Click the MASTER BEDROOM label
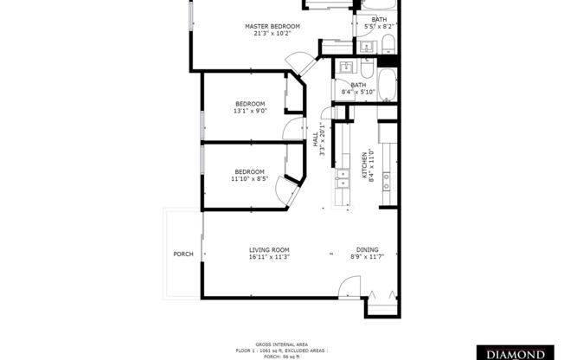click(272, 27)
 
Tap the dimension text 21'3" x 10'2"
click(272, 35)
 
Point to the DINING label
click(367, 249)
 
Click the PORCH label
click(183, 254)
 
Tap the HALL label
click(315, 139)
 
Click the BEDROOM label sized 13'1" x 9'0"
click(249, 104)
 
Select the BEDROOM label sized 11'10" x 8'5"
click(249, 171)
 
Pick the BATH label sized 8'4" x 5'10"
click(357, 85)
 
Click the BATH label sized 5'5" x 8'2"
click(380, 19)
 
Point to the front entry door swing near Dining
click(349, 286)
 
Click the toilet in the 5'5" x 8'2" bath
click(388, 44)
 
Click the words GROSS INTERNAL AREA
click(281, 343)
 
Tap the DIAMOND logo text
click(517, 354)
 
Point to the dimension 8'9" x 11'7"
click(367, 257)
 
